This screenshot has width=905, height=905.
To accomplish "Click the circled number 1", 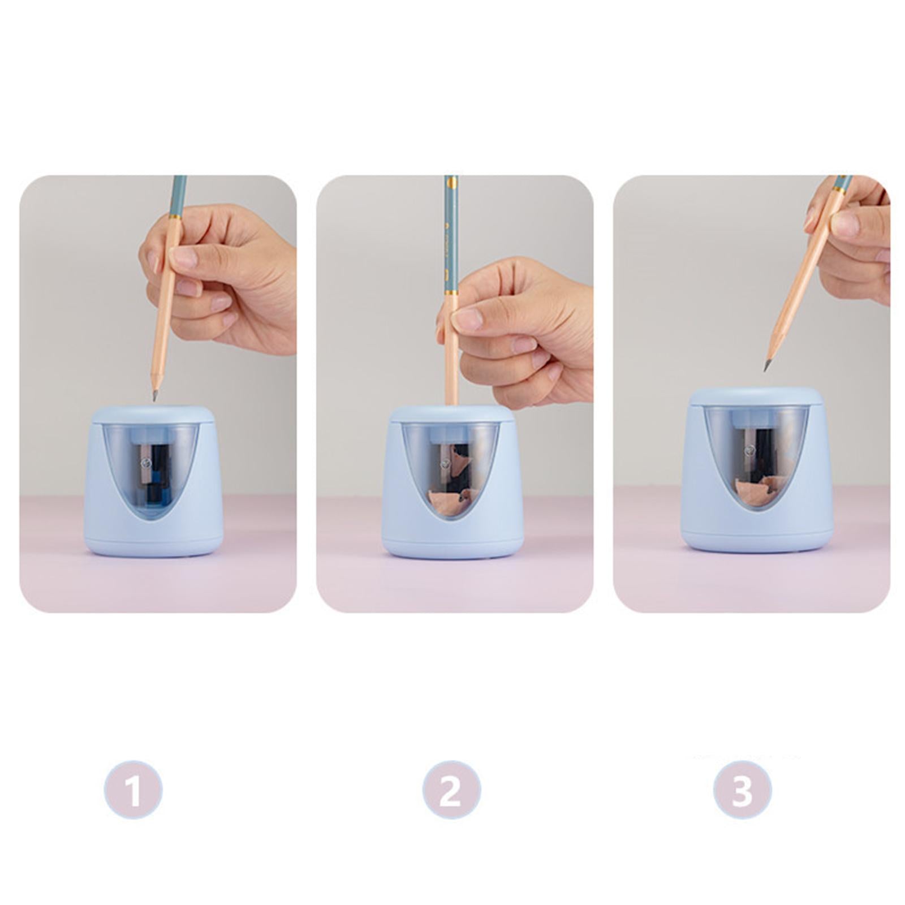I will tap(133, 790).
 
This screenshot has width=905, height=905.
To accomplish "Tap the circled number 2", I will tap(451, 790).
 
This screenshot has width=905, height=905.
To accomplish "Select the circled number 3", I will tap(742, 790).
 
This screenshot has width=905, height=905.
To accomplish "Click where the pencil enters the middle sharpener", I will tap(451, 405).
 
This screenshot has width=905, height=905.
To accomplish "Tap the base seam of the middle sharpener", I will tap(451, 544).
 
